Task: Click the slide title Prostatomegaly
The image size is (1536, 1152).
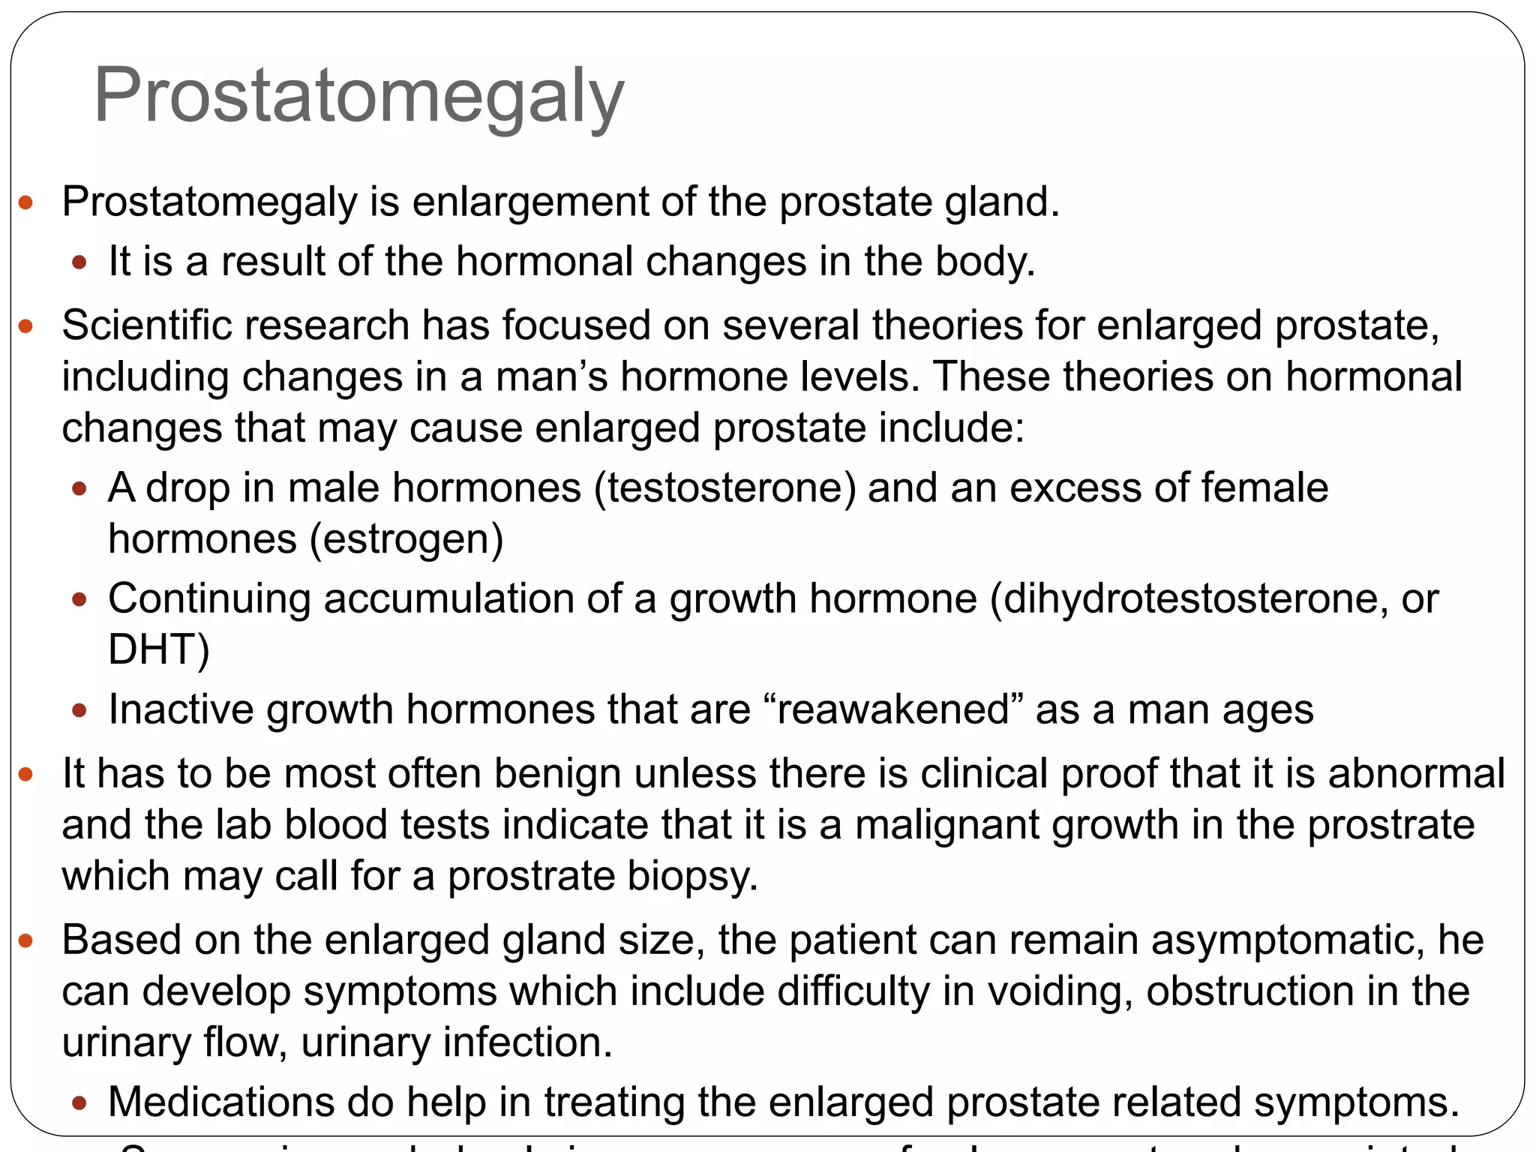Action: [x=358, y=96]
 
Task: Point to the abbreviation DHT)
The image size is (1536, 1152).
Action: [x=158, y=649]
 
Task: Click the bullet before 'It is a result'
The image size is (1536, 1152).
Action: [x=79, y=263]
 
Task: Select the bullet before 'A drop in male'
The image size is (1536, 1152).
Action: [x=79, y=490]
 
